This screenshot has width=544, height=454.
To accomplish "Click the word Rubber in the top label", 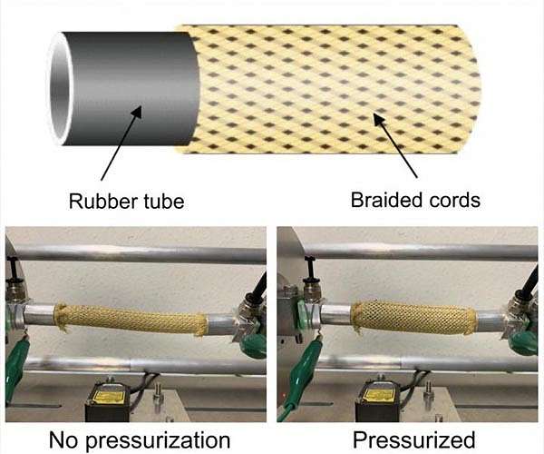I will coord(97,200).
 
